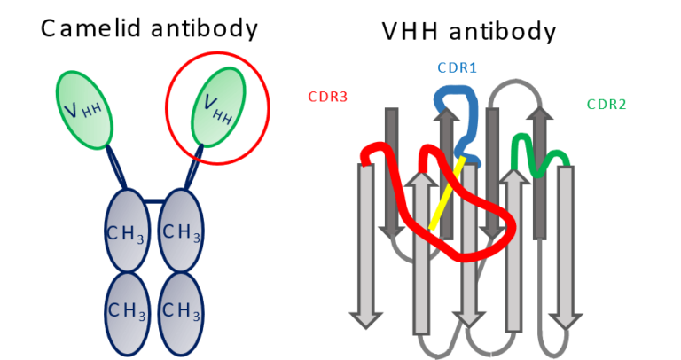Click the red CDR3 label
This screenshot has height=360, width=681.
pyautogui.click(x=327, y=98)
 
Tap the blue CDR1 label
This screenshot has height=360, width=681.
pyautogui.click(x=457, y=68)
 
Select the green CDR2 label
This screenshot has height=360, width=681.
pyautogui.click(x=606, y=105)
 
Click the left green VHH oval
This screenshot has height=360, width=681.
pyautogui.click(x=84, y=109)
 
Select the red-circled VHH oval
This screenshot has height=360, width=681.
pyautogui.click(x=218, y=106)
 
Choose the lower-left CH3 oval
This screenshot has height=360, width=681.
pyautogui.click(x=127, y=311)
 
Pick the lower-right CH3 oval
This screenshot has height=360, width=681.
pyautogui.click(x=181, y=311)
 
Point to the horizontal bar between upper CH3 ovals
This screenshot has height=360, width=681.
pyautogui.click(x=153, y=202)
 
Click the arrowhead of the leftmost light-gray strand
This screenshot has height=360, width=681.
pyautogui.click(x=365, y=318)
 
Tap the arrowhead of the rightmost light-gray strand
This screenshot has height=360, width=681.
pyautogui.click(x=565, y=318)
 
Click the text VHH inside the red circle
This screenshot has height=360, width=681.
pyautogui.click(x=218, y=109)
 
